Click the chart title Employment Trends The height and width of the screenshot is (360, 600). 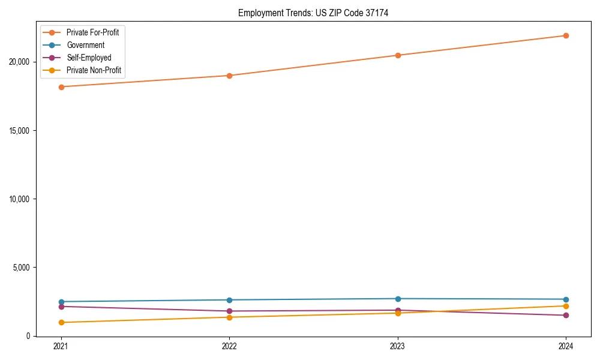coord(313,13)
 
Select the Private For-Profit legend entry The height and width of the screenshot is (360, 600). coord(92,32)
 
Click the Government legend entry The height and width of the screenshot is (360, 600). coord(85,45)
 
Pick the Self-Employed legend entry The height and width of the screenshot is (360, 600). coord(89,58)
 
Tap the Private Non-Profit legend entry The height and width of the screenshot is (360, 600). coord(94,70)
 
